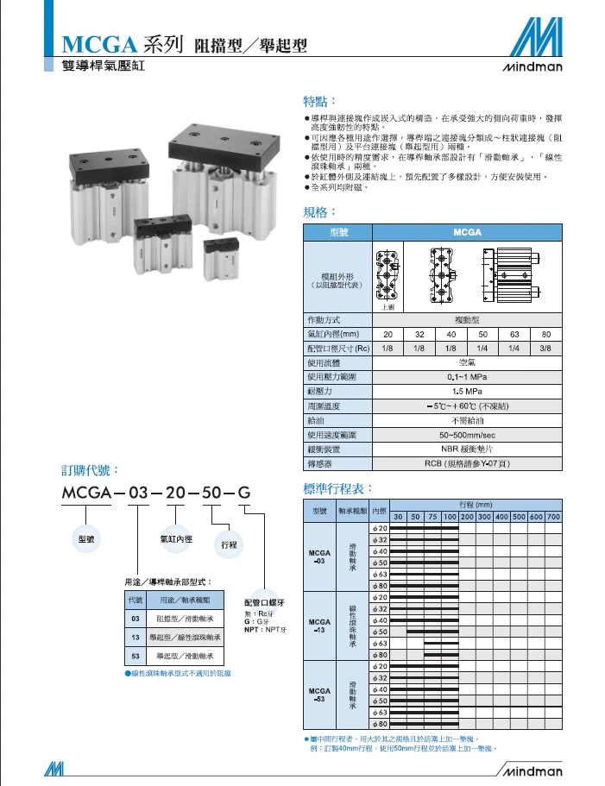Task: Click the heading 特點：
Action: tap(319, 103)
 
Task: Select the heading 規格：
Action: tap(319, 212)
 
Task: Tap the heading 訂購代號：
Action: tap(90, 470)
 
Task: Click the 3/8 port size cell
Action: tap(546, 348)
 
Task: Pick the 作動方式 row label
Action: tap(325, 319)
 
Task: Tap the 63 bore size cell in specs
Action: tap(515, 334)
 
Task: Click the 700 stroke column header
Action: tap(553, 517)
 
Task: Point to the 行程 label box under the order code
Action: tap(229, 545)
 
